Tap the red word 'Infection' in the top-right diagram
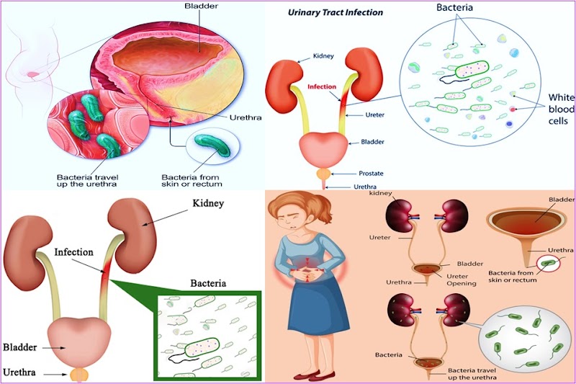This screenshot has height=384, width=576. click(322, 87)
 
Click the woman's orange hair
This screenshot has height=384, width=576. click(297, 207)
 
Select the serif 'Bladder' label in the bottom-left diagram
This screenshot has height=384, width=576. click(19, 346)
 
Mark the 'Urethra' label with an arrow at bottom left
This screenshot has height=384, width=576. click(19, 373)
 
